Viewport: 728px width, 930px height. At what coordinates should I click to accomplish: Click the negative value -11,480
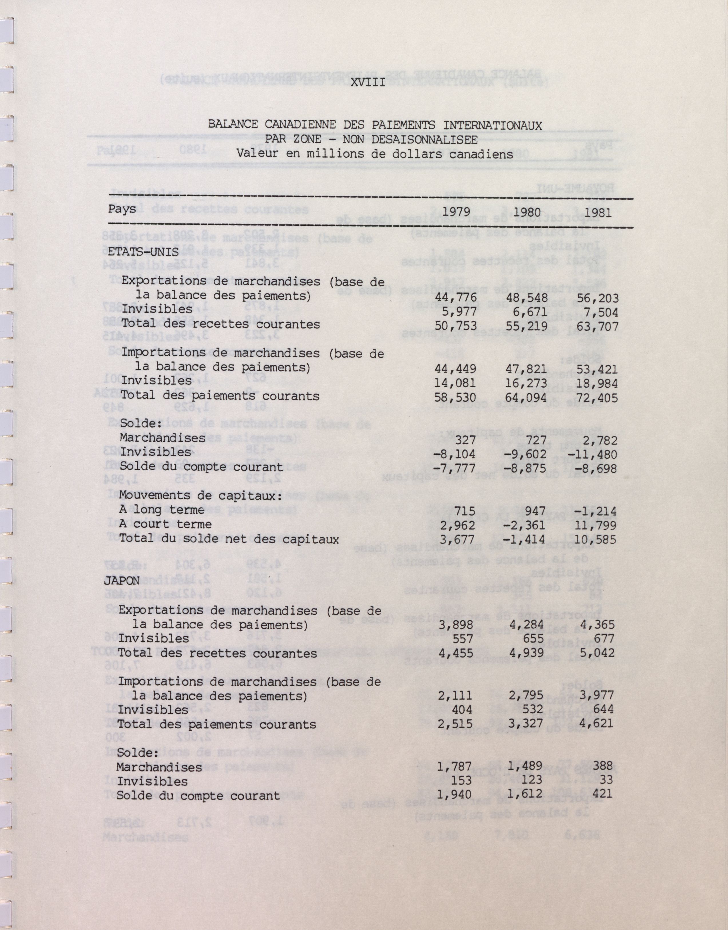tap(595, 454)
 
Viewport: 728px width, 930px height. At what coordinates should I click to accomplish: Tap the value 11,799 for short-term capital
tap(596, 526)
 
